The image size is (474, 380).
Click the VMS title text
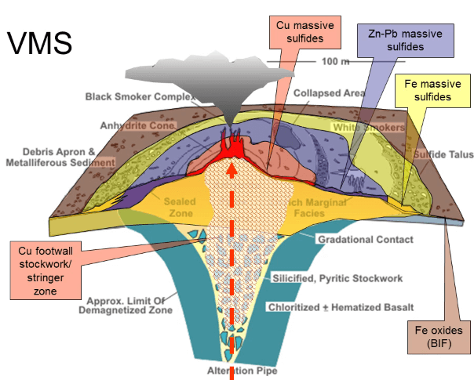[x=41, y=43]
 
